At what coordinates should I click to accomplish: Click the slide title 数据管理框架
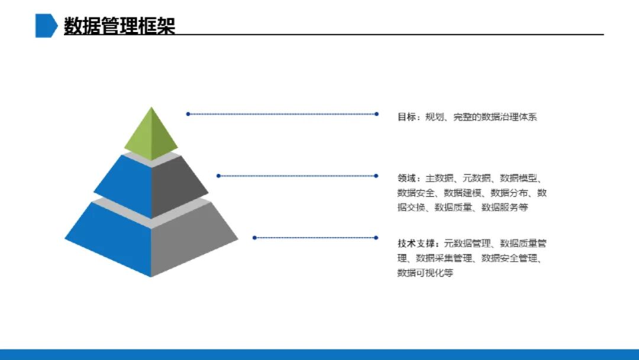pyautogui.click(x=120, y=25)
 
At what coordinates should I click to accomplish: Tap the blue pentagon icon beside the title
pyautogui.click(x=46, y=25)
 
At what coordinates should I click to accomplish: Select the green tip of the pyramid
pyautogui.click(x=151, y=133)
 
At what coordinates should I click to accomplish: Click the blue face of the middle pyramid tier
pyautogui.click(x=124, y=185)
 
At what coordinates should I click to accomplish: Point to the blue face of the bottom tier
pyautogui.click(x=112, y=237)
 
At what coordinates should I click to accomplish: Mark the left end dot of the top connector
pyautogui.click(x=188, y=114)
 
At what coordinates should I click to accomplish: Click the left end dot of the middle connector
pyautogui.click(x=218, y=175)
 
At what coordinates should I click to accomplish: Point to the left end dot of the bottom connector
pyautogui.click(x=254, y=237)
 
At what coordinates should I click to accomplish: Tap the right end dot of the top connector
pyautogui.click(x=377, y=114)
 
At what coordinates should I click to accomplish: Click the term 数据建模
pyautogui.click(x=462, y=192)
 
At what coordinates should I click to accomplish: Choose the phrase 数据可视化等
pyautogui.click(x=425, y=273)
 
